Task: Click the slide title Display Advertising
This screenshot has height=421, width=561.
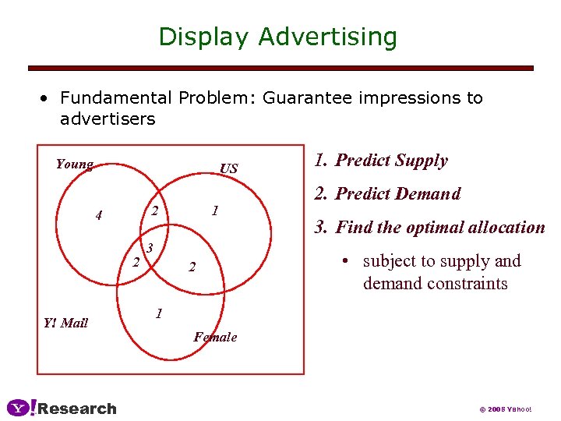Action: tap(277, 37)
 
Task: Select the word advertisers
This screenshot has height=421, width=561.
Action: tap(108, 119)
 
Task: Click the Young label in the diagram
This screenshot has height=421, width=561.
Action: tap(74, 165)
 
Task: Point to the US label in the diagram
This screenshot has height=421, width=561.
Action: tap(229, 169)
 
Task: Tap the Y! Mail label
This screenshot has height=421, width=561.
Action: tap(65, 323)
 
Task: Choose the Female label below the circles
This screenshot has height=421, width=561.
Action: tap(215, 337)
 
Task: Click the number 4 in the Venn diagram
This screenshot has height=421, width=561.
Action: tap(98, 215)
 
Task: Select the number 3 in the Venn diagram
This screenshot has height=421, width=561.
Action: tap(150, 248)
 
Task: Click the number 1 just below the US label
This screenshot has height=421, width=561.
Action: tap(215, 210)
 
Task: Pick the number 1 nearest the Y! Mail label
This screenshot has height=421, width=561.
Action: tap(158, 313)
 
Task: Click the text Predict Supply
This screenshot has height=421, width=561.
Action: tap(391, 161)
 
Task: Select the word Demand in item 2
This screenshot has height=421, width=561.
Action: tap(429, 194)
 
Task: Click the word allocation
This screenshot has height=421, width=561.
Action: tap(511, 228)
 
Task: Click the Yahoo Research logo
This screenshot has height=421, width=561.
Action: tap(62, 409)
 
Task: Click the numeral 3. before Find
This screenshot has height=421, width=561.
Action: tap(321, 228)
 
